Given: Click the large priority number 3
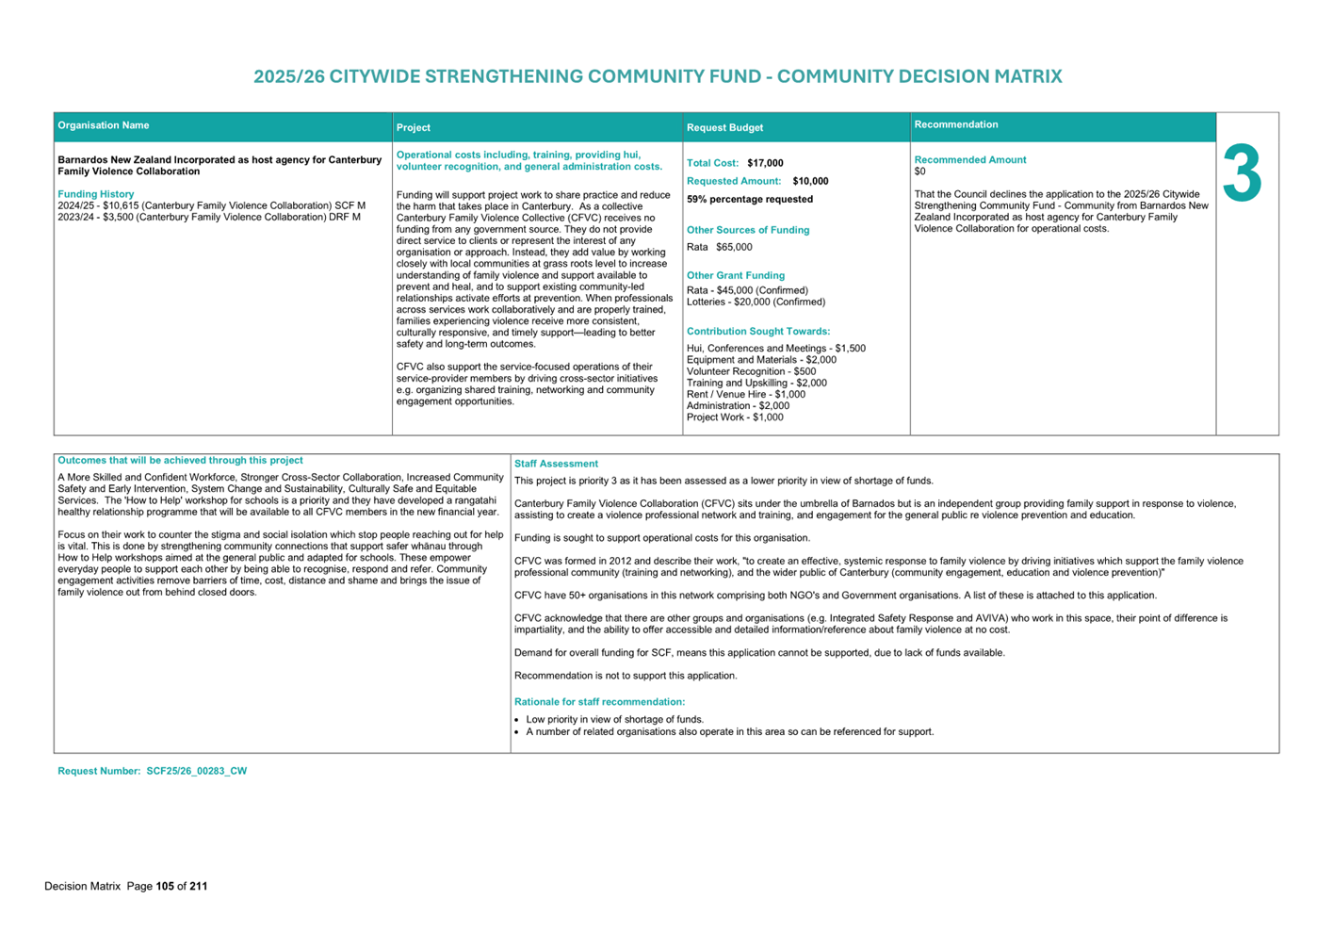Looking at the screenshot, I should tap(1242, 174).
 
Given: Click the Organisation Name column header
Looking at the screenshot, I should tap(104, 125).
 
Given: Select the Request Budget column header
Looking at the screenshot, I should tap(724, 128).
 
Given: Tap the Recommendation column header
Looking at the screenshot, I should tap(956, 124).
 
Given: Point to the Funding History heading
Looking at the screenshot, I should tap(96, 194).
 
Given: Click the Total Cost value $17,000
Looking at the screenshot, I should tap(765, 163).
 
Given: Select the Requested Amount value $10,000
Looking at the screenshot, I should tap(810, 181).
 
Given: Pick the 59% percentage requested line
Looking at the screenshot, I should tap(750, 200).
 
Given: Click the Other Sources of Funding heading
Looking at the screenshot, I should tap(748, 230).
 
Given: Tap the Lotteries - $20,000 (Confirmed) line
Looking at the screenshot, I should tap(756, 302).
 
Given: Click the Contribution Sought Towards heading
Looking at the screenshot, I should tap(758, 332).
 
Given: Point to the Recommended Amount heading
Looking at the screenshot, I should tap(970, 160).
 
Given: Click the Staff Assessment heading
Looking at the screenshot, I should tap(556, 464).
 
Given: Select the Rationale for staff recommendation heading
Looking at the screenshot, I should tap(599, 702).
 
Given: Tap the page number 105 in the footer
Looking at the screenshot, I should tap(165, 887).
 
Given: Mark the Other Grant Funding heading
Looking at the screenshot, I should tap(736, 276).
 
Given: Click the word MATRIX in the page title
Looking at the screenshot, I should tap(1026, 77).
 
